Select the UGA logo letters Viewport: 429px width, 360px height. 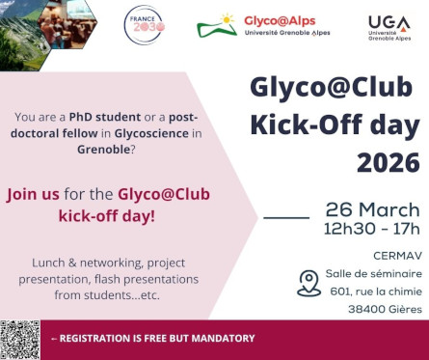389,21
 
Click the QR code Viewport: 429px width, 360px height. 19,339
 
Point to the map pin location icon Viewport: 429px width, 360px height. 308,282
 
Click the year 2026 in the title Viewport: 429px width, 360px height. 388,161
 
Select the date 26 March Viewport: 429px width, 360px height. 372,210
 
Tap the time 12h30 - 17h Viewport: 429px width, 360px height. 372,230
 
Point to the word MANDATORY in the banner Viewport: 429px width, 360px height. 219,339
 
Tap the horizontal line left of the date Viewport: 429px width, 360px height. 286,218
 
